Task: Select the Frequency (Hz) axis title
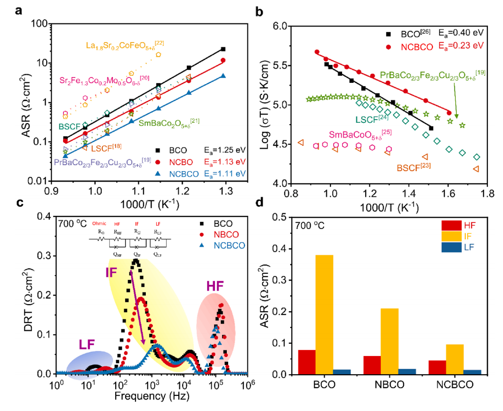point(152,396)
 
